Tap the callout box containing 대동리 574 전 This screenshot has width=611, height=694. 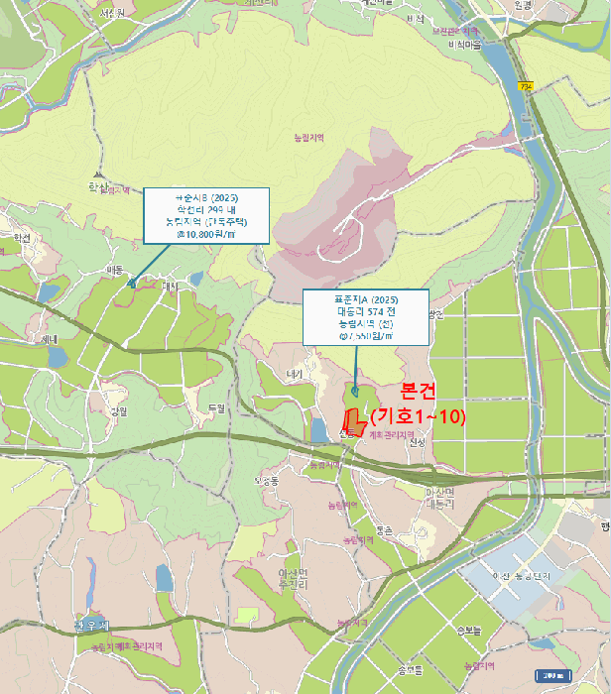365,317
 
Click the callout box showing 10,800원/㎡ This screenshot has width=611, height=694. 206,215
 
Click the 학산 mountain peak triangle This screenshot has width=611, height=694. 96,173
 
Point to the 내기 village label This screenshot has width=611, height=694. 293,374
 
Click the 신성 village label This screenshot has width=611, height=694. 416,442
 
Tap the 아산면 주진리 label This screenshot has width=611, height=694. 287,579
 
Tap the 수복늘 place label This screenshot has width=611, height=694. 469,629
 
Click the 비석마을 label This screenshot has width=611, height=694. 463,46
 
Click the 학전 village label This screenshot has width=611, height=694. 22,237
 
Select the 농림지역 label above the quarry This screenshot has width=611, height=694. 310,137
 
